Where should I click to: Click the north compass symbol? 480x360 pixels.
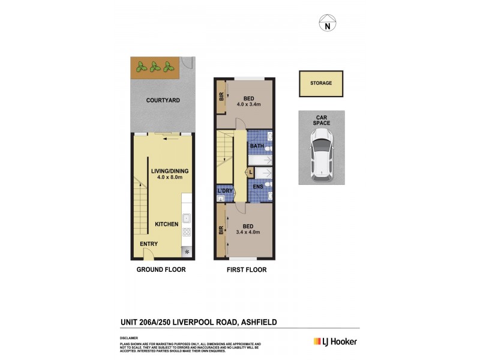[x=327, y=25]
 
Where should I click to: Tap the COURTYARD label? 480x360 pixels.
[x=163, y=100]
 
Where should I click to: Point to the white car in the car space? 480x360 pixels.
[x=322, y=157]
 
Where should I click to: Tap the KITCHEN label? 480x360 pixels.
[x=167, y=224]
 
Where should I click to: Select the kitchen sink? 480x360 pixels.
[x=186, y=218]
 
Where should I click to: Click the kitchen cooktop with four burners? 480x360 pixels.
[x=187, y=233]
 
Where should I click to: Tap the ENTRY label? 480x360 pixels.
[x=149, y=244]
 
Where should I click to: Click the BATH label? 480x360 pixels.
[x=257, y=146]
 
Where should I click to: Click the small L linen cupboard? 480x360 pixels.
[x=250, y=173]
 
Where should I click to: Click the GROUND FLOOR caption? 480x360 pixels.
[x=161, y=270]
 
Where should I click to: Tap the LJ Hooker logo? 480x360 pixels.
[x=335, y=341]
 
